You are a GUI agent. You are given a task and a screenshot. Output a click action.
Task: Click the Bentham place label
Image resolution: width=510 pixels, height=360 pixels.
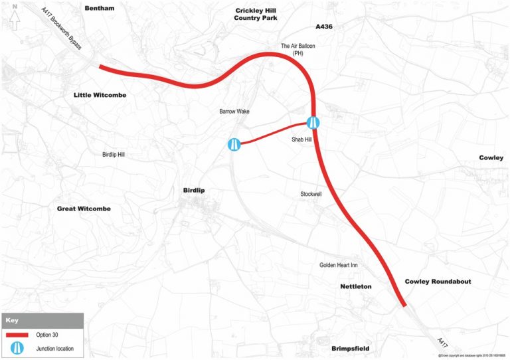point(100,8)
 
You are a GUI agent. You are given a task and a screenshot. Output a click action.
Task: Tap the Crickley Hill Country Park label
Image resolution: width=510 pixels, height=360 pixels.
point(256,14)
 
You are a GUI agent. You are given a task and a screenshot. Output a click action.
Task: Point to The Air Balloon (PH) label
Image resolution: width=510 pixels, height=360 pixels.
point(297,50)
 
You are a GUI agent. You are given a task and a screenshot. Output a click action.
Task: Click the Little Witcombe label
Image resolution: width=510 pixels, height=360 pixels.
point(100,96)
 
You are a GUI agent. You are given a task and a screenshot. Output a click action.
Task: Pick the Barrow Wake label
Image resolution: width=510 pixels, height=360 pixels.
point(234,112)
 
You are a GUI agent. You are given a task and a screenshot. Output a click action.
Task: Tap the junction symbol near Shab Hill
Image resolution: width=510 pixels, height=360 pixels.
point(314,122)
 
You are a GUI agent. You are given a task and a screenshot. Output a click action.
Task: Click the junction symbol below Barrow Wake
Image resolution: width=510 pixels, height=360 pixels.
point(234,144)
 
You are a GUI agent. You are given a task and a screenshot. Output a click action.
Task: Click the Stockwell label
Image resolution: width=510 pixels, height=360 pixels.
point(309,195)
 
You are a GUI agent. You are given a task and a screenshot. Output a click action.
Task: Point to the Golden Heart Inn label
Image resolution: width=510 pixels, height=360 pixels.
point(339,265)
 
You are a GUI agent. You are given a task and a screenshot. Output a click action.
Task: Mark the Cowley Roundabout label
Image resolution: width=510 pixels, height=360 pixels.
point(438,282)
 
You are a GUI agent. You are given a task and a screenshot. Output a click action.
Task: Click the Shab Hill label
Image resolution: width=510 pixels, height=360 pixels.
point(301,140)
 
